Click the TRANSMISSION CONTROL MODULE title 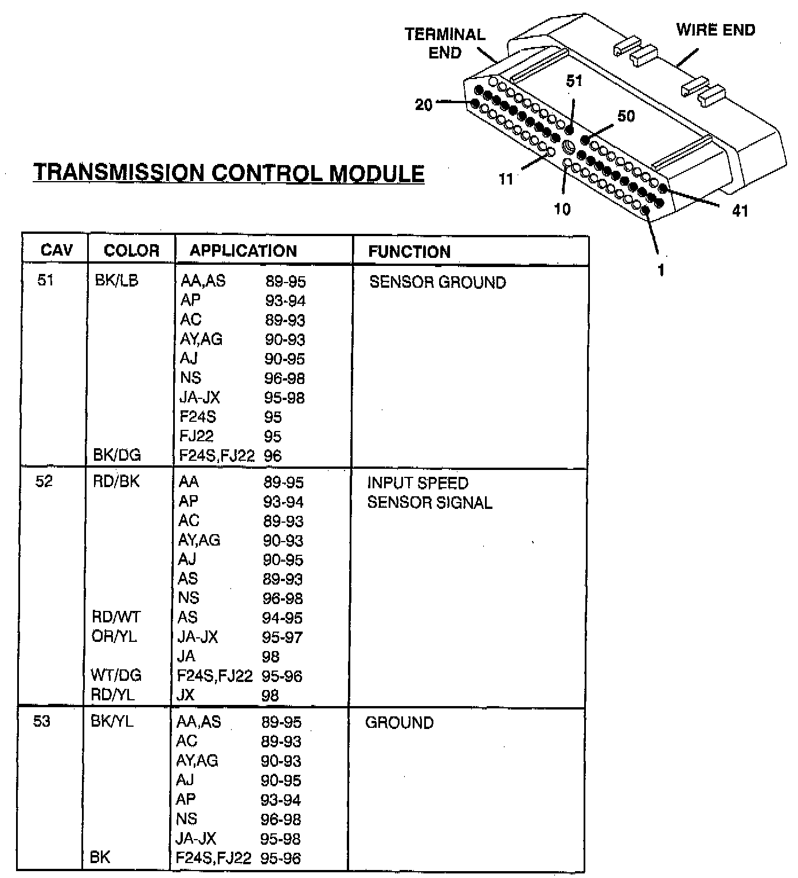point(228,173)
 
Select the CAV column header point(56,250)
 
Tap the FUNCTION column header point(409,252)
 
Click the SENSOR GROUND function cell point(437,282)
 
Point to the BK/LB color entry point(116,281)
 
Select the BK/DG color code point(116,455)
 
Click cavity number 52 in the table point(44,481)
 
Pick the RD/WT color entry point(116,617)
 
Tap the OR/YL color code point(114,637)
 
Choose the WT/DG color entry point(116,675)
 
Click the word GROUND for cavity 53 point(399,722)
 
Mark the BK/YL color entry point(112,721)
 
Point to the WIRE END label point(715,30)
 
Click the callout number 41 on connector point(740,211)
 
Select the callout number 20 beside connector point(424,105)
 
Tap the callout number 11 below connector point(505,179)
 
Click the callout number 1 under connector point(661,269)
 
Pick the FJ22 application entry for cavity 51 point(196,436)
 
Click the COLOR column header point(131,250)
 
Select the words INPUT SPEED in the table point(417,483)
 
